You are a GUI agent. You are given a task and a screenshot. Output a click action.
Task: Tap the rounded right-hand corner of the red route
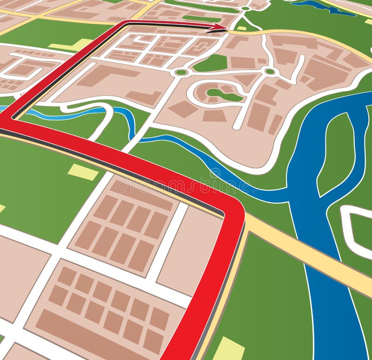click(235, 209)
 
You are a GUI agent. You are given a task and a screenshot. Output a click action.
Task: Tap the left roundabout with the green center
click(181, 72)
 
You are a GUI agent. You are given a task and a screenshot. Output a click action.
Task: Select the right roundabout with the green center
click(270, 71)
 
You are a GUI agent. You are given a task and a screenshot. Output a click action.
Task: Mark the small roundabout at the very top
click(245, 8)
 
